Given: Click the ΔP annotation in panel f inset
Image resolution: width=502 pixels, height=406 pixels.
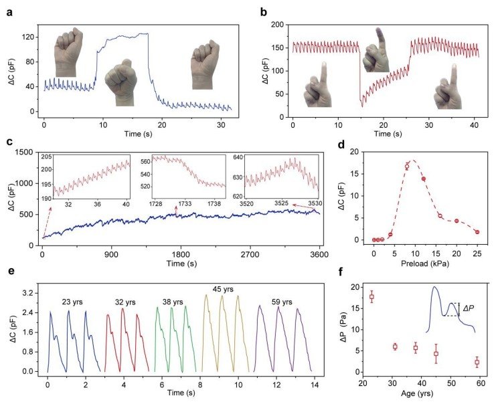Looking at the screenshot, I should tap(469, 309).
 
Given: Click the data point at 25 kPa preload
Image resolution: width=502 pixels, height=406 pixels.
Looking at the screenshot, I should tap(477, 231).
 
